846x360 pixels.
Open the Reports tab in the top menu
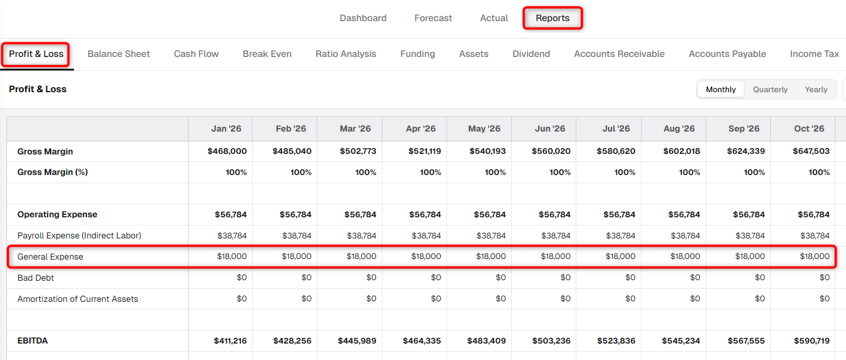tap(552, 18)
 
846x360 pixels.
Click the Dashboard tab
tap(363, 18)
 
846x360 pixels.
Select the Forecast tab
tap(433, 18)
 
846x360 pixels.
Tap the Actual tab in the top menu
tap(493, 18)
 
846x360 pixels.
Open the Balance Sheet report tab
tap(119, 54)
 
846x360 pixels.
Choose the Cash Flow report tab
tap(196, 54)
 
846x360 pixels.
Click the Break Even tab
tap(267, 54)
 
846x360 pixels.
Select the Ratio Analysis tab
tap(346, 54)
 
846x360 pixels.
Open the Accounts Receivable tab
tap(619, 54)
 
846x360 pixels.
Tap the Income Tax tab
tap(814, 54)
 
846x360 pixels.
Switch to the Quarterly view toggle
tap(770, 89)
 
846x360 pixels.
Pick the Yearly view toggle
tap(816, 89)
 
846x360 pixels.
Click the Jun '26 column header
tap(550, 129)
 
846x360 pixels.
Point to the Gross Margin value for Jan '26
tap(227, 152)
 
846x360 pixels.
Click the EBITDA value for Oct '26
tap(812, 341)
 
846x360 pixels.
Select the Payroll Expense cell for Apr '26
tap(426, 236)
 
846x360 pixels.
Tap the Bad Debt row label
tap(35, 278)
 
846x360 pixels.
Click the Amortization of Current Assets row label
tap(78, 299)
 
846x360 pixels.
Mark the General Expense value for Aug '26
tap(685, 257)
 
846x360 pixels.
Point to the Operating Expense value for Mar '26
tap(360, 215)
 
